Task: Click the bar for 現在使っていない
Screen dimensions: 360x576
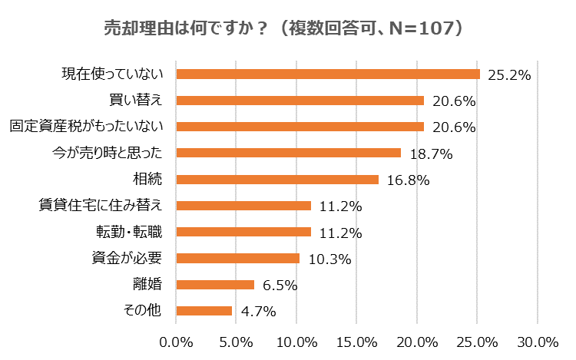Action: pos(328,74)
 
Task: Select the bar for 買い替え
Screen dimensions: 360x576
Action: pos(300,101)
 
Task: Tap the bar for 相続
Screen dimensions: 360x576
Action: pos(277,180)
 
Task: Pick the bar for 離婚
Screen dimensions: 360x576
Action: pos(215,285)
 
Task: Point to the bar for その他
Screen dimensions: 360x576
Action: pos(204,311)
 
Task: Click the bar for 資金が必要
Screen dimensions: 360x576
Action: pos(238,259)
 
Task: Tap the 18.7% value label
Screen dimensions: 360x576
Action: pos(430,154)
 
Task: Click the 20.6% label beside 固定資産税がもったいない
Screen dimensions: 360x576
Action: pos(453,127)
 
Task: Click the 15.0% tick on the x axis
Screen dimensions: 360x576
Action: pos(356,341)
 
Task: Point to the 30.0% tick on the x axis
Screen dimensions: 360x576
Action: pos(537,341)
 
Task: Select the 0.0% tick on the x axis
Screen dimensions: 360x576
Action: pos(177,341)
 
